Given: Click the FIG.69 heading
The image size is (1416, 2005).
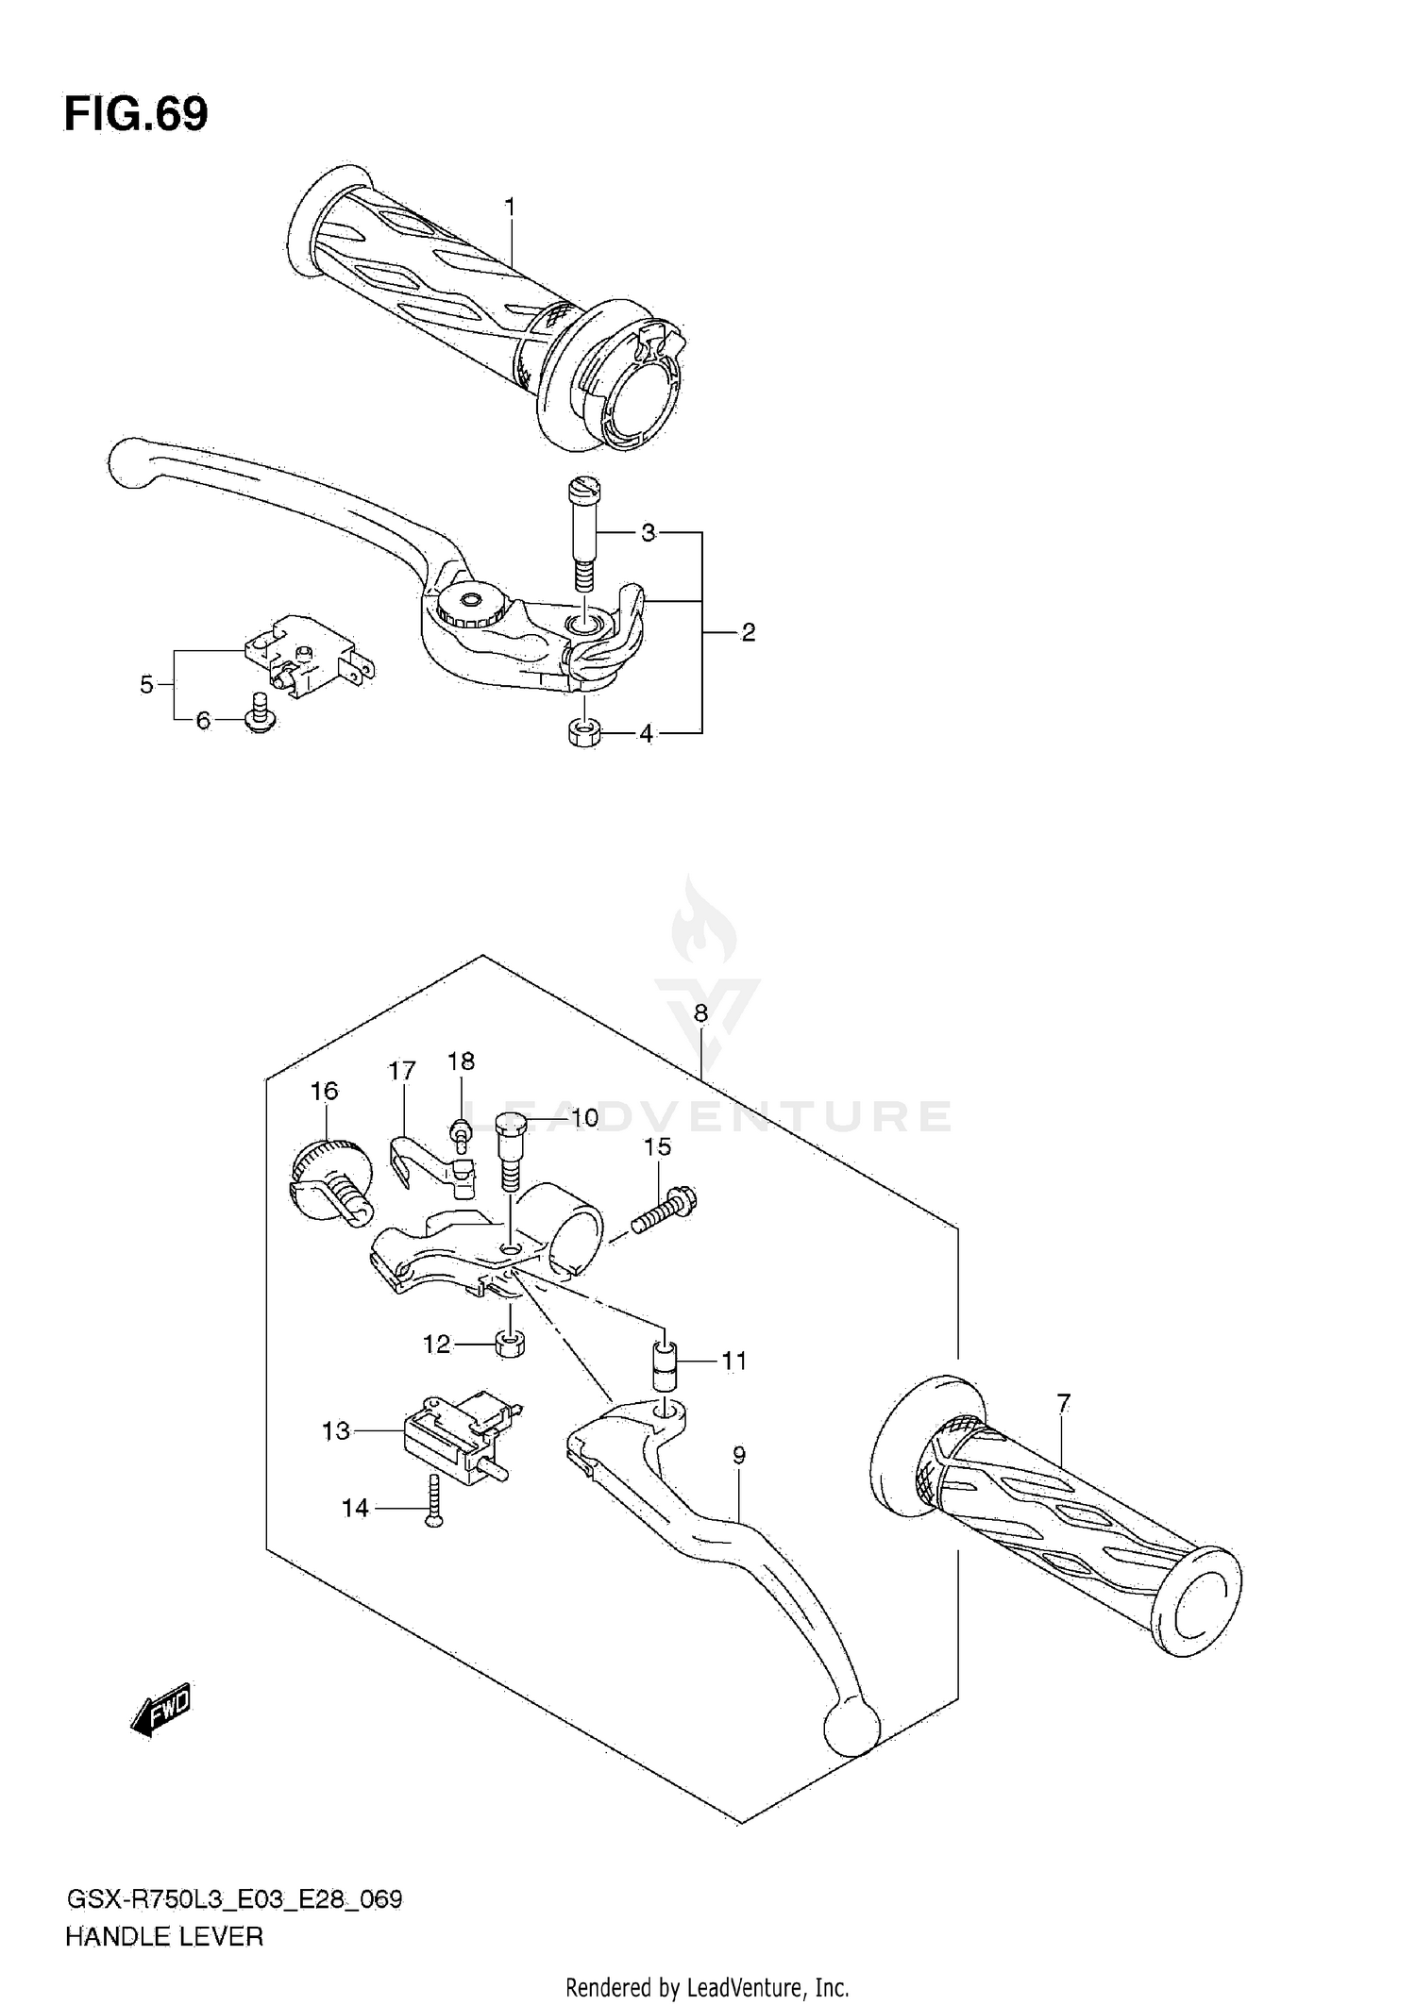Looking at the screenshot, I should [x=136, y=114].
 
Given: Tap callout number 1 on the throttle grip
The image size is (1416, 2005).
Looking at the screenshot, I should [x=510, y=206].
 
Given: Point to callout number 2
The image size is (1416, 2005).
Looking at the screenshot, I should [x=748, y=632].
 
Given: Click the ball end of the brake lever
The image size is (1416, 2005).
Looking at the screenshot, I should [x=133, y=463].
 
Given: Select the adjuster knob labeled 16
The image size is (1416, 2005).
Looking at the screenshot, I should [x=326, y=1184].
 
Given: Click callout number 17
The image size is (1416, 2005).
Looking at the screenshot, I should [x=402, y=1071].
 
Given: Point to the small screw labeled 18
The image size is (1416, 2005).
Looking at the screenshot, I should [x=462, y=1133].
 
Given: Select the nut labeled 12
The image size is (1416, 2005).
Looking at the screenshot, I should [x=511, y=1344].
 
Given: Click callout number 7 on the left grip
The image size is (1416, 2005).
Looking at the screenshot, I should [x=1064, y=1403].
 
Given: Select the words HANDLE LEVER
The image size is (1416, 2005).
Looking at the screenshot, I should [x=164, y=1937].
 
